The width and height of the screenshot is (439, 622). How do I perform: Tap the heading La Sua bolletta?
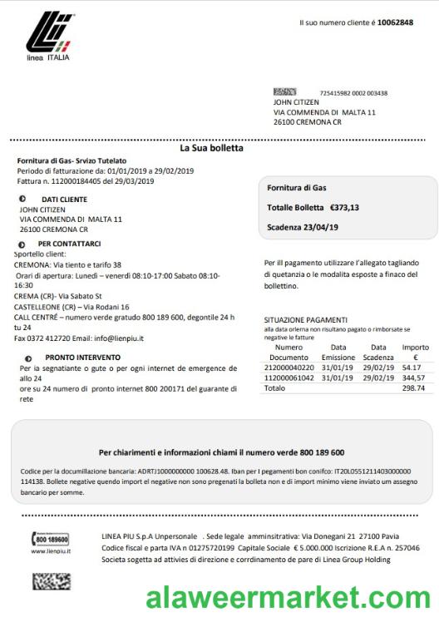tap(211, 148)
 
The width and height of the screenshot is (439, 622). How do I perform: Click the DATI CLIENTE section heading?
tap(64, 200)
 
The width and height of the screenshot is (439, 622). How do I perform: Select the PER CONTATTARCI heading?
tap(69, 244)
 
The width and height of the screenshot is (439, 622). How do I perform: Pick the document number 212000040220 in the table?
tap(289, 367)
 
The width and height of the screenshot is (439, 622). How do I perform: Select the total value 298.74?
tap(413, 388)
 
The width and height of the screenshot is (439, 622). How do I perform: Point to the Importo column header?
tap(416, 347)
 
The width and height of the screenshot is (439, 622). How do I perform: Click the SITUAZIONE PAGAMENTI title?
tap(305, 319)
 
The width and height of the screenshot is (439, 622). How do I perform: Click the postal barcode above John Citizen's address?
tap(284, 92)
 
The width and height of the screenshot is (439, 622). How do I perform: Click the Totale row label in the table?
tap(274, 388)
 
